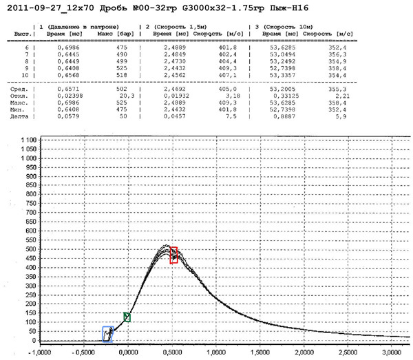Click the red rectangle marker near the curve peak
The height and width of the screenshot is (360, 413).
click(x=174, y=255)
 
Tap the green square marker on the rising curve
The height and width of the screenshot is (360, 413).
click(x=127, y=317)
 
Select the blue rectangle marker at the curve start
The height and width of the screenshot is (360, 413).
click(x=107, y=334)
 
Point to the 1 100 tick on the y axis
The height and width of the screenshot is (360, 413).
click(x=28, y=140)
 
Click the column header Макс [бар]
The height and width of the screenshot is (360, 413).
click(x=115, y=32)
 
